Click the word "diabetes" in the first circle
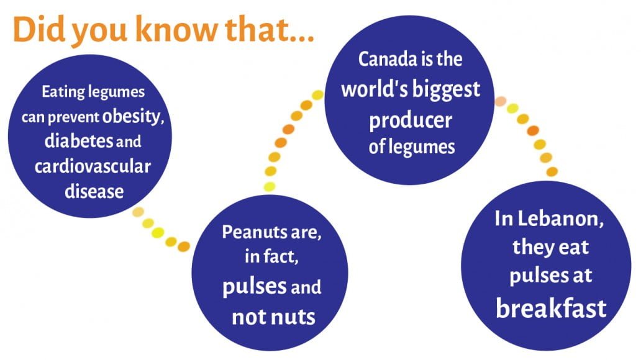click(78, 141)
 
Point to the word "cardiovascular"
click(93, 166)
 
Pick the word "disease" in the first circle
click(94, 191)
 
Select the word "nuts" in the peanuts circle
click(292, 317)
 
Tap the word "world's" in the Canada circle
click(373, 89)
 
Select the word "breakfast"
click(551, 308)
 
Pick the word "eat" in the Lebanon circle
click(570, 248)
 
